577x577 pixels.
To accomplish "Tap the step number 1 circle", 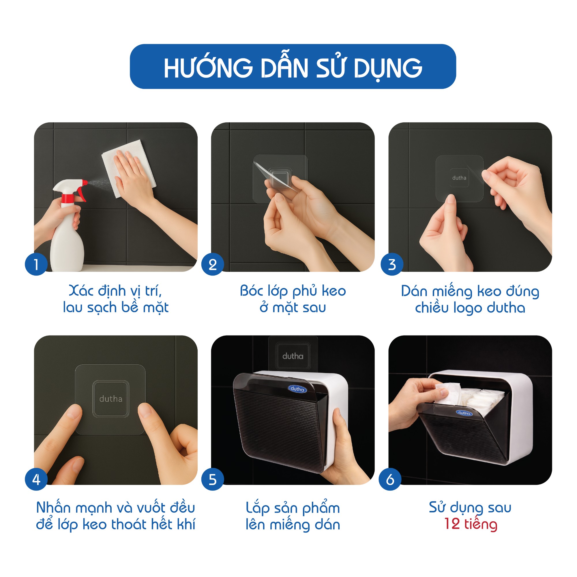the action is tap(36, 264).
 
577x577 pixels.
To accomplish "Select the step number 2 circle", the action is tap(213, 264).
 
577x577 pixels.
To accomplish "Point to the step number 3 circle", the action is tap(392, 264).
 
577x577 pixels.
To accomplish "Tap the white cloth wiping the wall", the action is tap(129, 169).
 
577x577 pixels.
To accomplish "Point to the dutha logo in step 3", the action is tap(459, 178).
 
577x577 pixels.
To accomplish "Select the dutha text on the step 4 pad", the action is tap(111, 399).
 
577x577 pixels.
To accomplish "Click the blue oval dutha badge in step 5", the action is tap(297, 389).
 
